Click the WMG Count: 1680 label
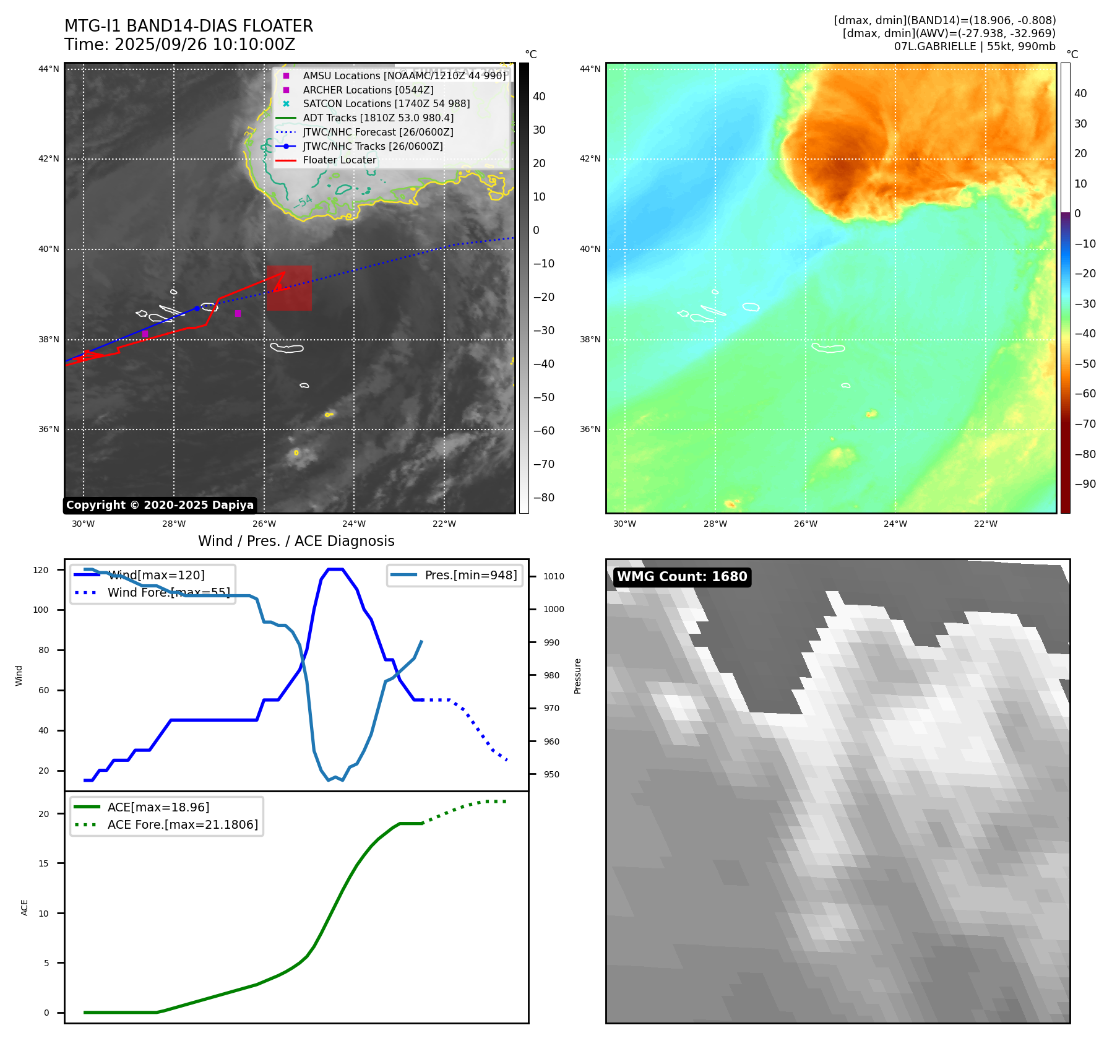click(x=682, y=577)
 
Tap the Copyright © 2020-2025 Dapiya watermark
click(x=160, y=505)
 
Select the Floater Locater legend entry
click(x=339, y=160)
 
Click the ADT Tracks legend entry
click(x=377, y=118)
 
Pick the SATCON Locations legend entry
click(x=386, y=103)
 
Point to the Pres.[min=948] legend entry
click(x=470, y=575)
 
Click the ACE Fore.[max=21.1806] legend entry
click(x=183, y=824)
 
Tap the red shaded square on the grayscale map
click(x=289, y=288)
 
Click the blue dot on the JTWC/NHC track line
click(x=197, y=308)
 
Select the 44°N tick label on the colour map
click(x=590, y=69)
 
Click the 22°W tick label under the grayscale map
click(x=444, y=524)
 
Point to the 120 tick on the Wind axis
click(x=41, y=570)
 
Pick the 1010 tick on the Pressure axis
click(x=554, y=576)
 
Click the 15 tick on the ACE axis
click(x=43, y=863)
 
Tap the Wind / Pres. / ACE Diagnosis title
click(x=296, y=541)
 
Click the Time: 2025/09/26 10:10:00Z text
click(x=180, y=45)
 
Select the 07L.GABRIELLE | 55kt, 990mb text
click(x=975, y=46)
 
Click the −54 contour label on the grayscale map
click(x=303, y=202)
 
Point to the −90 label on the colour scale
click(x=1085, y=484)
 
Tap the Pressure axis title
click(x=577, y=676)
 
